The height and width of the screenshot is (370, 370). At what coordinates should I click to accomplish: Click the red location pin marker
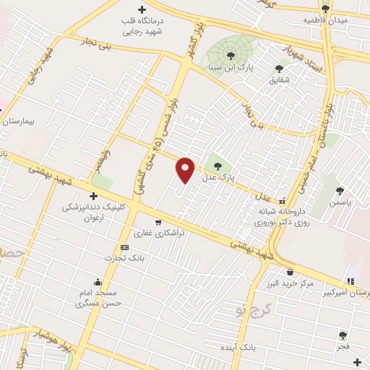coord(186,170)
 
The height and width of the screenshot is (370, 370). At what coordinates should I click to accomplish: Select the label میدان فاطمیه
coord(325,20)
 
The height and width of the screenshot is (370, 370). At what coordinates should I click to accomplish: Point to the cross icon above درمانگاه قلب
coord(142,10)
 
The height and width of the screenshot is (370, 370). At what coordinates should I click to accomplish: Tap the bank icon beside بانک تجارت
coord(124,247)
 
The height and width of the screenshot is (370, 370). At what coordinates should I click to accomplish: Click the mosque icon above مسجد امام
coord(98,282)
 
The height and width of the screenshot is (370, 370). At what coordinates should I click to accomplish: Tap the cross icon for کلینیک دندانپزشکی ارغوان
coord(92,196)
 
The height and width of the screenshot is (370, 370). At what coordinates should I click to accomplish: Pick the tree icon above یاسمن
coord(340,191)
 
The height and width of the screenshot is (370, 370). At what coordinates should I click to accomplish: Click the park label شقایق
coord(279,79)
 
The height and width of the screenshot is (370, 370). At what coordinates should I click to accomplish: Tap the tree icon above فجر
coord(343,335)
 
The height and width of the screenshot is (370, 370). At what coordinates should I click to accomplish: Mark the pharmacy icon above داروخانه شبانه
coord(283,202)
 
